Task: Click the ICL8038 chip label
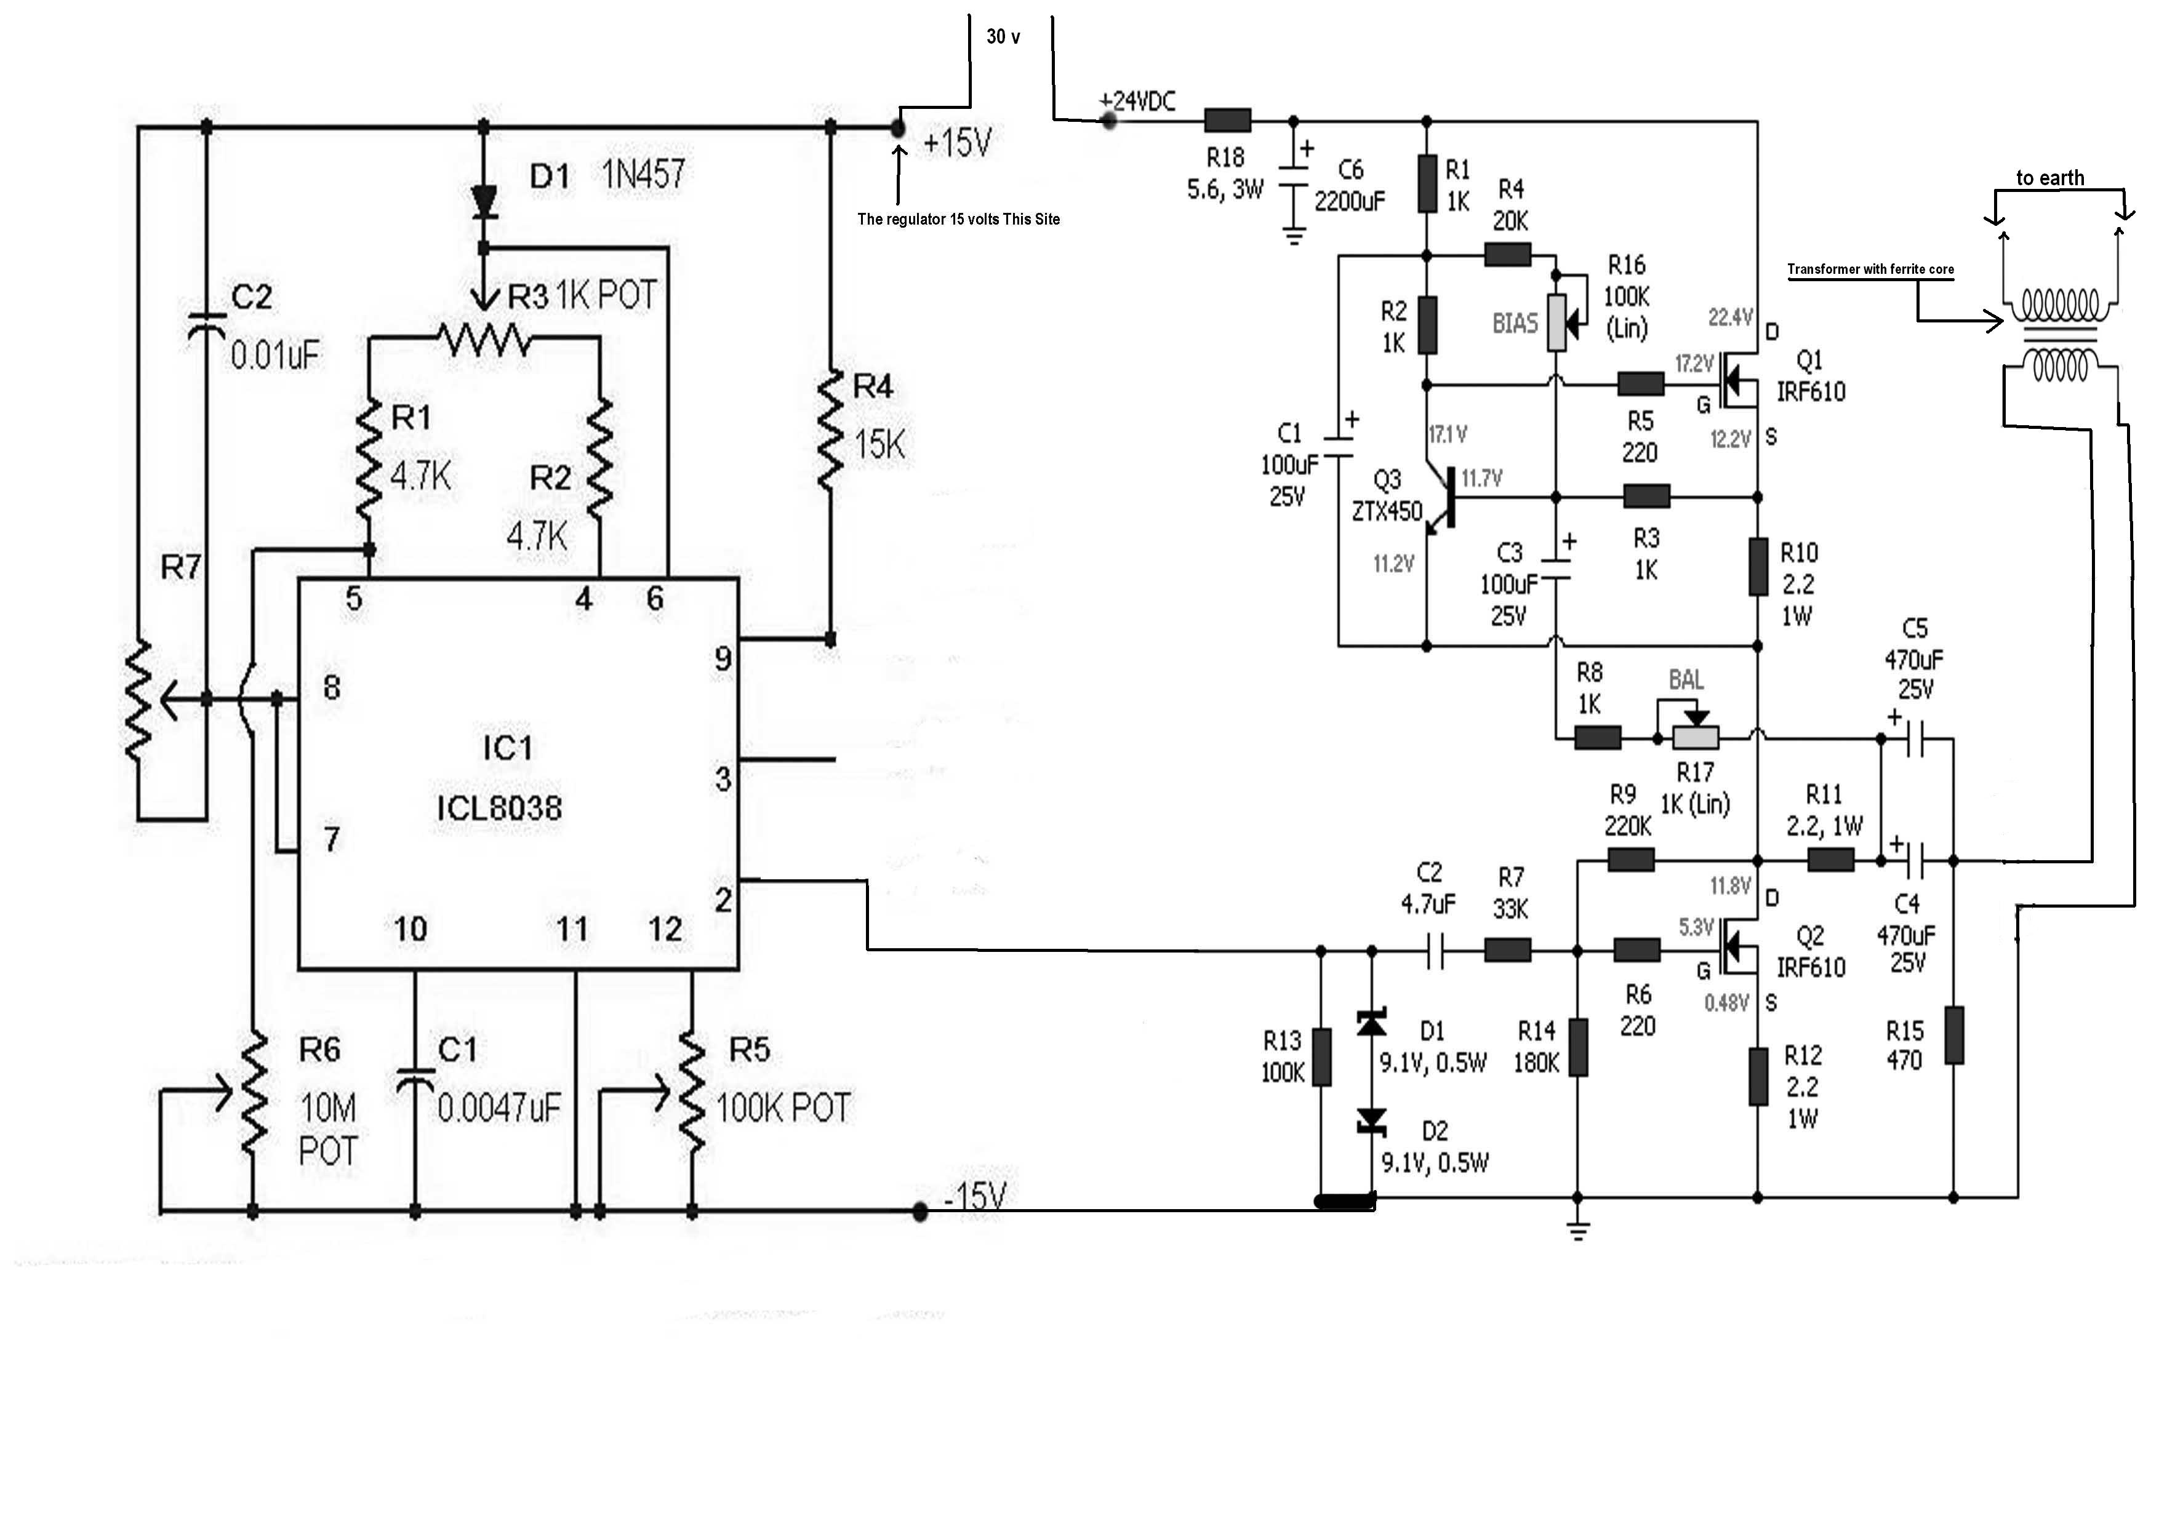coord(499,809)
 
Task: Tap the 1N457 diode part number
coord(643,174)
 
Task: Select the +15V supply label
coord(957,143)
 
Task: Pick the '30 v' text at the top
coord(1003,37)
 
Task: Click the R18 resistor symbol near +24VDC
coord(1228,121)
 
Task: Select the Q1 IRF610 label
coord(1810,376)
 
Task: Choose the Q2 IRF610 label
coord(1810,951)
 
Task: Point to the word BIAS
coord(1515,324)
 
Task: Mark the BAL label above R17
coord(1686,680)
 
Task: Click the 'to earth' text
coord(2050,178)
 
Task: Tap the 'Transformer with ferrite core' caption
coord(1870,269)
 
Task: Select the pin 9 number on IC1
coord(722,659)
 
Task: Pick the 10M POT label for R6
coord(328,1129)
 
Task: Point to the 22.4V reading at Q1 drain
coord(1730,317)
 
